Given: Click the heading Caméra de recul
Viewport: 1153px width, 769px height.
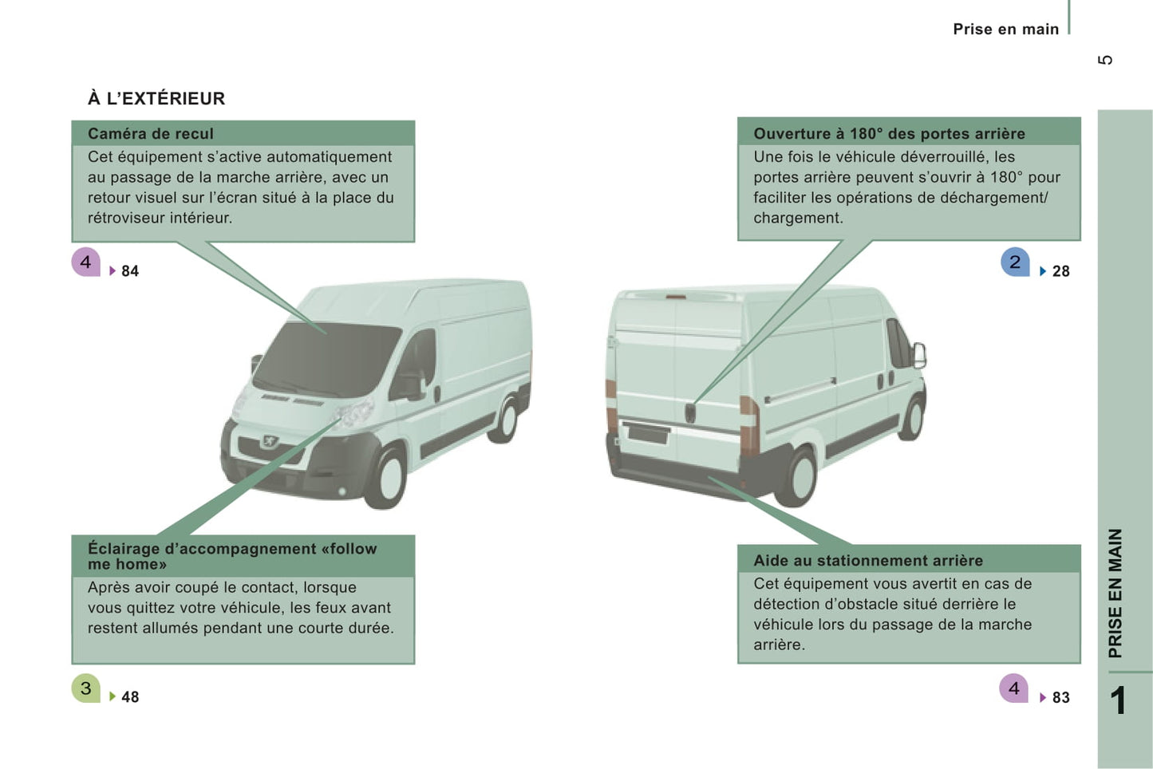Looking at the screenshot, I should point(151,133).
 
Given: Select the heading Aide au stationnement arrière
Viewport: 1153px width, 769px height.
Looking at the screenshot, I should point(868,560).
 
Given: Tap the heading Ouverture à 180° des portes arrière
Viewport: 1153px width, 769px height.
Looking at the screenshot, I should point(889,133).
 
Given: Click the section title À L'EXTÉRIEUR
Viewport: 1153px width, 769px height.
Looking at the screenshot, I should point(156,98).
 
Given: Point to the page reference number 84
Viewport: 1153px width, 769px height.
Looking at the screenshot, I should point(130,271).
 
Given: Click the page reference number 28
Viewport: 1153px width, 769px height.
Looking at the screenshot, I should point(1060,271).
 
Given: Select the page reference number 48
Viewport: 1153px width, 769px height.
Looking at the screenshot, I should point(130,697).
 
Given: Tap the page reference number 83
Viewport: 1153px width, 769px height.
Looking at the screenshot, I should point(1060,697).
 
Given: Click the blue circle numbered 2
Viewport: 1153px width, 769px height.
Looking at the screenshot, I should point(1015,262).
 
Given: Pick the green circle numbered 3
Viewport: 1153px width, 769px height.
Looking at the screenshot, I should point(86,688).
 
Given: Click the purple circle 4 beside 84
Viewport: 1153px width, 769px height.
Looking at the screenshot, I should point(86,262).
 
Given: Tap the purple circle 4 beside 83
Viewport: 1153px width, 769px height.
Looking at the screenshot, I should point(1013,688).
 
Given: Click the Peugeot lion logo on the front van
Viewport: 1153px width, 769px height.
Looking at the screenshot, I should point(270,440).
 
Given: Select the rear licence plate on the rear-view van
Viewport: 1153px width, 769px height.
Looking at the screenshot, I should point(647,433).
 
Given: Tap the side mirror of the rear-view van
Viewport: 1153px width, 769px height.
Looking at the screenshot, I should point(919,355).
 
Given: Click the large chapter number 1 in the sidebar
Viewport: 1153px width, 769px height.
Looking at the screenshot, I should point(1118,700).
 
